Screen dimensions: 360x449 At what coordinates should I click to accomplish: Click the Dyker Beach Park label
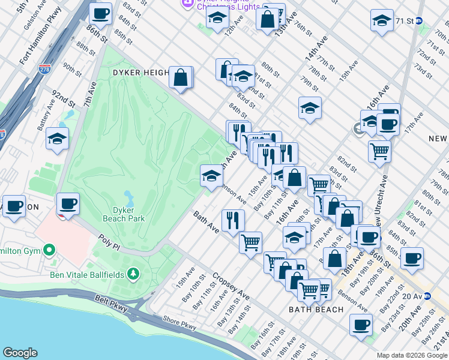pos(128,214)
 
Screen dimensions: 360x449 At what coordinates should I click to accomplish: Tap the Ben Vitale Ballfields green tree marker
pos(133,275)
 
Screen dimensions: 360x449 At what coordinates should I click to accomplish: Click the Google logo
pos(20,353)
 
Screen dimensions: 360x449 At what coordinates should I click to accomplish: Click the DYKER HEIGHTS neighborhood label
pos(140,73)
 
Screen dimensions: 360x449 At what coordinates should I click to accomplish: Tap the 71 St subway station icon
pos(420,20)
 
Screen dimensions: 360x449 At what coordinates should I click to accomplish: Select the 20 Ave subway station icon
pos(427,296)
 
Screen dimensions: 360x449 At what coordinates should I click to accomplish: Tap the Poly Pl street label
pos(110,244)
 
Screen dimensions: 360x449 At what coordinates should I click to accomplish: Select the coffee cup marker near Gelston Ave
pos(100,13)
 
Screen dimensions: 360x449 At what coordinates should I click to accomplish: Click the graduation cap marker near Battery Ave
pos(57,139)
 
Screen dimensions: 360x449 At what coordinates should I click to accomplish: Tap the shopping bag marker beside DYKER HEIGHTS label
pos(181,77)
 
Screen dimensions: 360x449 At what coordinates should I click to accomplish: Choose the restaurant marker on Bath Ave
pos(233,220)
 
